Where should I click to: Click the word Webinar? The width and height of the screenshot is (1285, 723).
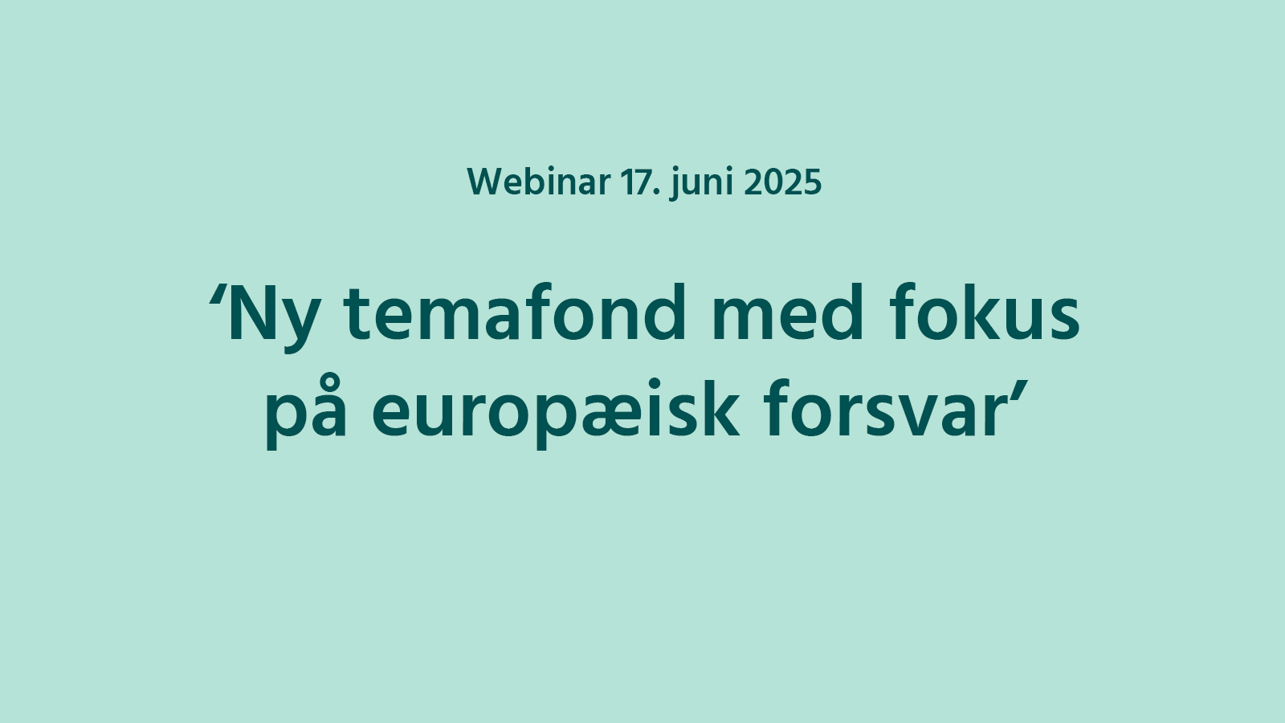[x=539, y=182]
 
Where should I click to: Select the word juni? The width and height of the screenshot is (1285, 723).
[x=702, y=184]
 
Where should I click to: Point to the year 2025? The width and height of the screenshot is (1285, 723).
[x=782, y=182]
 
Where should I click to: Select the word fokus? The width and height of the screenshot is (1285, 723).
[x=985, y=312]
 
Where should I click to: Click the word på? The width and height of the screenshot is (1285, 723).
[x=307, y=412]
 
